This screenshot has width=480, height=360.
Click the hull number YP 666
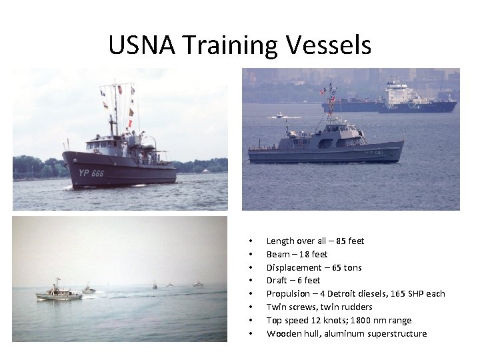(x=91, y=173)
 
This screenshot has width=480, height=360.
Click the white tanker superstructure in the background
(x=399, y=93)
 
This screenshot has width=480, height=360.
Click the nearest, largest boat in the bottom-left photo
(x=57, y=293)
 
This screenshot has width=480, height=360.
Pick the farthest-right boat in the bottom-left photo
(x=197, y=284)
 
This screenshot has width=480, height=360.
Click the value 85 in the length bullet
(x=341, y=241)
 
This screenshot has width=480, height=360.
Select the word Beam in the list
(x=278, y=254)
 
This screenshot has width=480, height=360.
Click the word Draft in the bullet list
(x=277, y=281)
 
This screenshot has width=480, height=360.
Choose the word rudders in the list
(x=356, y=307)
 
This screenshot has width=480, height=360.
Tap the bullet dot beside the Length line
(x=249, y=241)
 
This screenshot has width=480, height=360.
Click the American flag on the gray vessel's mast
(x=323, y=91)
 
